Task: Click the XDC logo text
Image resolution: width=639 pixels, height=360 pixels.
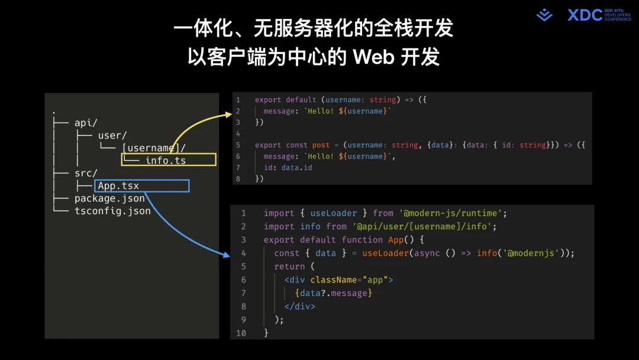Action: tap(585, 15)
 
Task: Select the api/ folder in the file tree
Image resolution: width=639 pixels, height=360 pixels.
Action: tap(86, 123)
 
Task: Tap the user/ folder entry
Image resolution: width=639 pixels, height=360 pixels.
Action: tap(112, 136)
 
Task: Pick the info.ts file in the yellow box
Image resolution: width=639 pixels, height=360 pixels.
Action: tap(166, 160)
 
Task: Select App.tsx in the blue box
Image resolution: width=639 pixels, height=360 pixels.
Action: tap(118, 186)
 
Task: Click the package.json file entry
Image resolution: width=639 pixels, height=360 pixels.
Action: tap(109, 198)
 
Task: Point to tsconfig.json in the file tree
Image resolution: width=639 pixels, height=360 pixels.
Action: tap(112, 211)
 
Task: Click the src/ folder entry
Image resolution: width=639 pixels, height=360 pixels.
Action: tap(86, 173)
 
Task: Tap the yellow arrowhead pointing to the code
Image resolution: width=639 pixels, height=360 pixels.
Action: tap(229, 113)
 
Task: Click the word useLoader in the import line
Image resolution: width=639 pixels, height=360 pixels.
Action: tap(334, 213)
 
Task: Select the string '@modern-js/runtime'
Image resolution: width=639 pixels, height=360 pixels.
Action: tap(452, 213)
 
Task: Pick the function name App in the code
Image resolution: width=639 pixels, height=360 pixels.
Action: tap(395, 240)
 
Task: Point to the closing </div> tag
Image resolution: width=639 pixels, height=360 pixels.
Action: tap(300, 307)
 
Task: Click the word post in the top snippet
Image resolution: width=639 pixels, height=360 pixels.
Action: tap(321, 145)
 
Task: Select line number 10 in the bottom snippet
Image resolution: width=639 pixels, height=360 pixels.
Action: tap(241, 333)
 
